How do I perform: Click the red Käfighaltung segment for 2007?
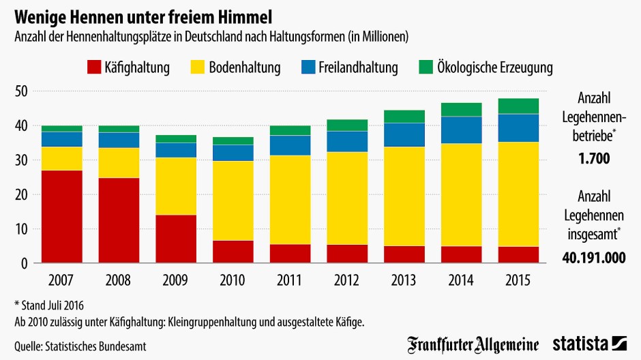click(61, 217)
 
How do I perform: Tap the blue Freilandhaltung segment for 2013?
click(404, 135)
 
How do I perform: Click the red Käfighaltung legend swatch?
click(93, 67)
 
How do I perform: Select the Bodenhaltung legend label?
click(243, 67)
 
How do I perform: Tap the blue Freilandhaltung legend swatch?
click(308, 67)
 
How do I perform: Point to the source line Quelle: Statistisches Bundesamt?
click(80, 346)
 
